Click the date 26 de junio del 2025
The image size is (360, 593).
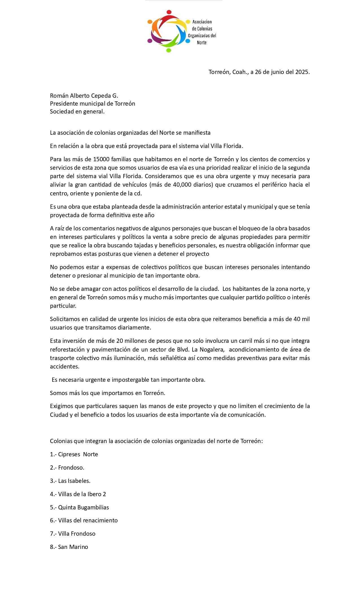282,72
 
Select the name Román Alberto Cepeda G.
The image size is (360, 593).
84,96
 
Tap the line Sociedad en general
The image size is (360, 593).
77,112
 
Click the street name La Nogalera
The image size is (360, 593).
208,350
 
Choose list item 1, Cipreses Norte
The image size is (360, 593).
74,454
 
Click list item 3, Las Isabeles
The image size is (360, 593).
70,481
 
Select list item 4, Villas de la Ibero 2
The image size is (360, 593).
78,494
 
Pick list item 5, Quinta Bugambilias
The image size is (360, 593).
79,507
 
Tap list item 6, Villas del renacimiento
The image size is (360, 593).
84,520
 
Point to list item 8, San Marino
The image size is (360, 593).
69,547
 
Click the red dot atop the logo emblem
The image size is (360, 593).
169,12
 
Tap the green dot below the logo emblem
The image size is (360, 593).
169,51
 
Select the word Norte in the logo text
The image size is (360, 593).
202,43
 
